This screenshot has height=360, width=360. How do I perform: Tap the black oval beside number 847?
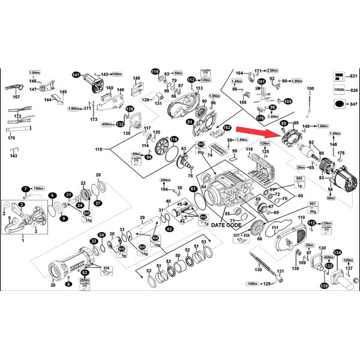(340, 103)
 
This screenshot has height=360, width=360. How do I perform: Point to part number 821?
(353, 76)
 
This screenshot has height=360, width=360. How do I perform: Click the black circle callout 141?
(76, 75)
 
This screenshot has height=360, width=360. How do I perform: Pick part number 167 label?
(16, 97)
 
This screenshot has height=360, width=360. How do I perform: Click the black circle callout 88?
(284, 123)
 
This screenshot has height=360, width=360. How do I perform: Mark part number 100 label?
(310, 89)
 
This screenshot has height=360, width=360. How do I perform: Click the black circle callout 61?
(193, 189)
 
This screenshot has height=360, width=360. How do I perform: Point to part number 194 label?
(163, 190)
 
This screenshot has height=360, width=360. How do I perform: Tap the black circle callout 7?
(26, 189)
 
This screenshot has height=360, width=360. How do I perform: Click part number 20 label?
(53, 286)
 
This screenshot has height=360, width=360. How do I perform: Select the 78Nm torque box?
(38, 189)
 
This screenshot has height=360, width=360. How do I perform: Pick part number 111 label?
(274, 229)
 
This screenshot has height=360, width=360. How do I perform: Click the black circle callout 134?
(337, 253)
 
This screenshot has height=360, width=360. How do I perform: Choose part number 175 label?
(341, 154)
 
